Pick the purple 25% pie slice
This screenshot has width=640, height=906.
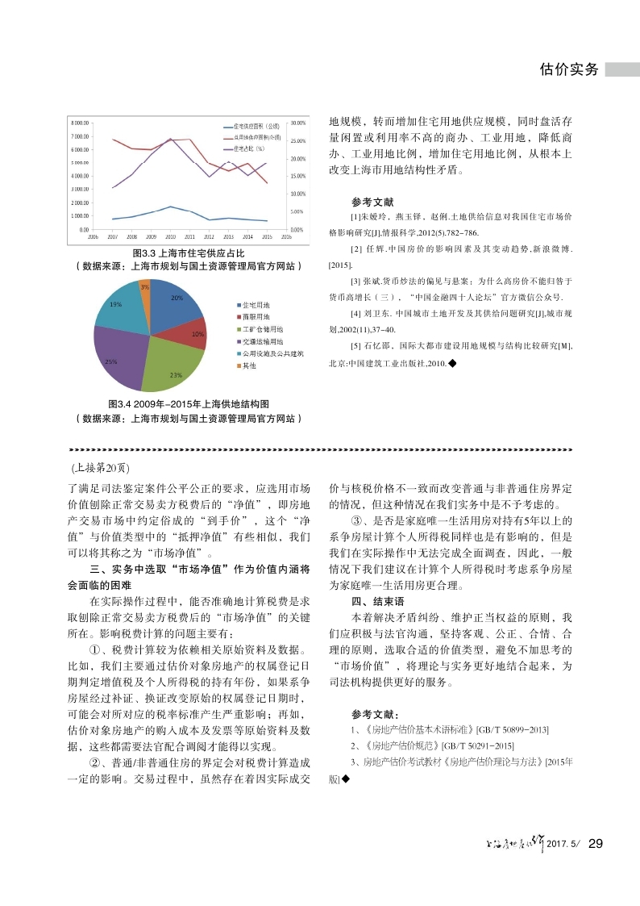[x=117, y=355]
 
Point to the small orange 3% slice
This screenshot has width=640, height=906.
[x=145, y=289]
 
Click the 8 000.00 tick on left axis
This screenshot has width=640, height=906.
[x=79, y=123]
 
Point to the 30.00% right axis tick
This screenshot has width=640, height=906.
[x=297, y=123]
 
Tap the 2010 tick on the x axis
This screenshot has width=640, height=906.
[x=171, y=238]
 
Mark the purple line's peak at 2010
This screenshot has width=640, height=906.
[x=171, y=139]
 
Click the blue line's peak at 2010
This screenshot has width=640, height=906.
[x=171, y=207]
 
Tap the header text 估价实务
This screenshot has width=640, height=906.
[x=569, y=69]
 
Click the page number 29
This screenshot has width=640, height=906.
[x=596, y=844]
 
